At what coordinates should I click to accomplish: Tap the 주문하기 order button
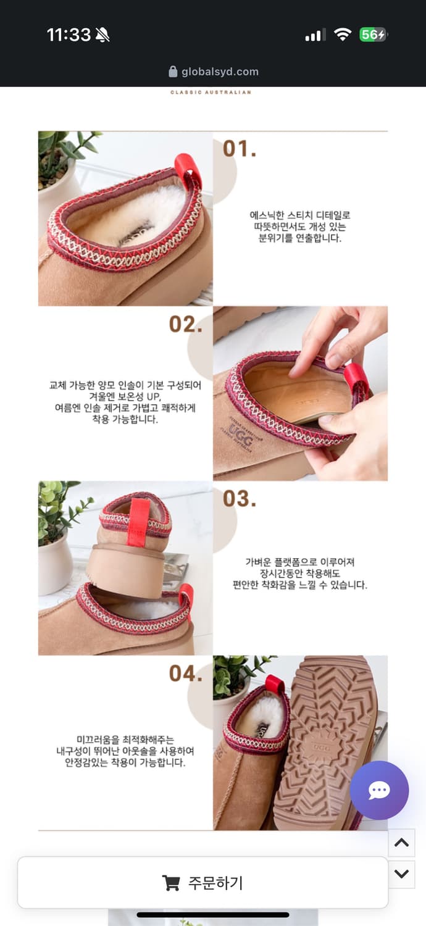click(203, 883)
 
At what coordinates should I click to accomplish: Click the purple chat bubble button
click(379, 790)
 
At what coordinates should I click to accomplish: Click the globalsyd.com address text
click(220, 72)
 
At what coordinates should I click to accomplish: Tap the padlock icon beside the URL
click(173, 72)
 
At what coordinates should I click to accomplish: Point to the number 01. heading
click(240, 149)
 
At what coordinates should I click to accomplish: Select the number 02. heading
click(186, 324)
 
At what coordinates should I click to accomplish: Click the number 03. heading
click(240, 499)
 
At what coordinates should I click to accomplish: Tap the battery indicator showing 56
click(374, 35)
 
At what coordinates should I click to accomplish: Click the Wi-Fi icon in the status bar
click(343, 35)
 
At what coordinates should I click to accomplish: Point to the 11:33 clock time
click(69, 35)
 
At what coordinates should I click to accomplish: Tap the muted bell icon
click(102, 35)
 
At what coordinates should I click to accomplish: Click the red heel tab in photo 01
click(188, 170)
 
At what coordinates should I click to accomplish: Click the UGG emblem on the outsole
click(322, 748)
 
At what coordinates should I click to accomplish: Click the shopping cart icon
click(170, 883)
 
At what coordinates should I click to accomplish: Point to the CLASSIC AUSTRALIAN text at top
click(211, 92)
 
